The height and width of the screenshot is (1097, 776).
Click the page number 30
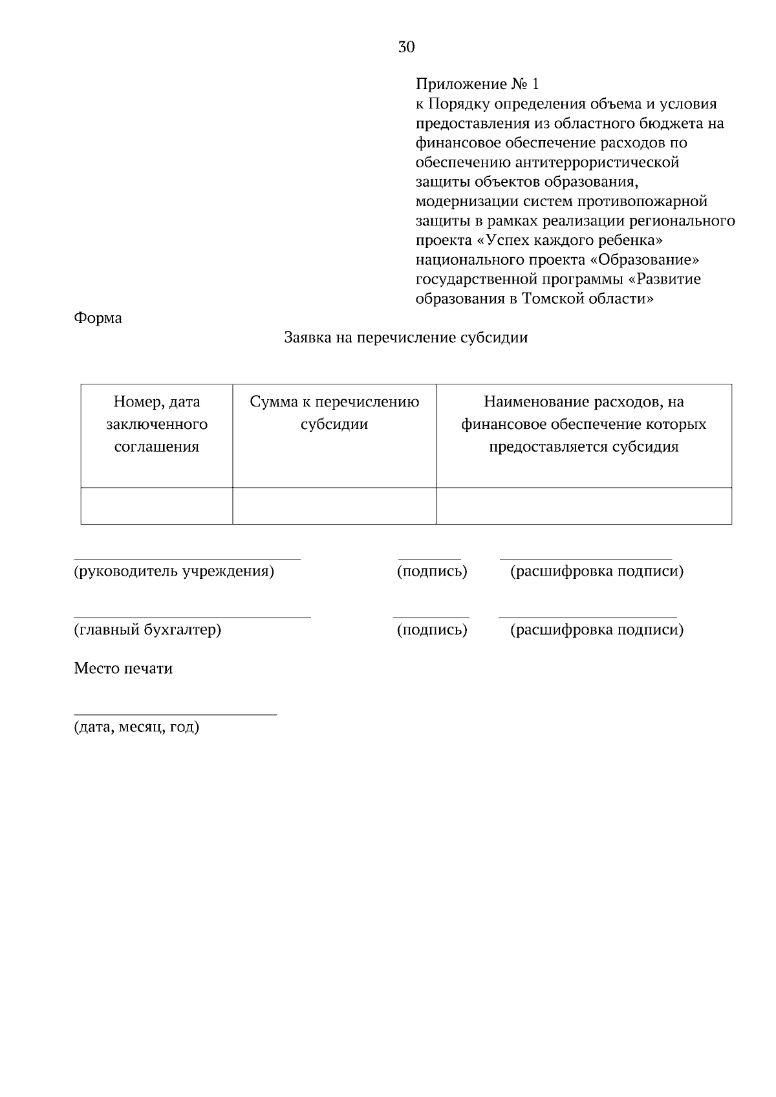[x=406, y=47]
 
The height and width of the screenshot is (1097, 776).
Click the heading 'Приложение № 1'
[x=477, y=85]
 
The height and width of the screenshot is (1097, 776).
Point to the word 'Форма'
[x=98, y=318]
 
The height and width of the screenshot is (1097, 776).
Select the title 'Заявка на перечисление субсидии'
[x=406, y=338]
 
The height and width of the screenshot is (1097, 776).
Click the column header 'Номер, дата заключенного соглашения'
[x=156, y=424]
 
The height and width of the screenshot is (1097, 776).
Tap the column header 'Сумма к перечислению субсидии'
[x=334, y=413]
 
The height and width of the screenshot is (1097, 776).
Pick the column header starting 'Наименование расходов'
[x=583, y=424]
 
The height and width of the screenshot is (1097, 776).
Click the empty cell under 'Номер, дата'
[x=156, y=505]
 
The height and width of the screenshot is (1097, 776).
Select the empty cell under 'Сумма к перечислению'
[x=334, y=505]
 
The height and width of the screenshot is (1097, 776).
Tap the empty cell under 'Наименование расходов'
[x=583, y=505]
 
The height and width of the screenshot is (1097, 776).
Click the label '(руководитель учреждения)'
[x=174, y=571]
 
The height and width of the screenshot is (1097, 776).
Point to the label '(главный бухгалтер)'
[x=147, y=630]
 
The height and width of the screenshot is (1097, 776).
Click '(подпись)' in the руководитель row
[x=431, y=571]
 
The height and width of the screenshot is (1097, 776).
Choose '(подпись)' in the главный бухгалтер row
[x=431, y=630]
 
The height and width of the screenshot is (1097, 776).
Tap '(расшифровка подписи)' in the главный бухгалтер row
[x=596, y=630]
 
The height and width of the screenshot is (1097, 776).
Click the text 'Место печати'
[x=123, y=669]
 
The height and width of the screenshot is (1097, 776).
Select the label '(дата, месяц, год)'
[x=136, y=727]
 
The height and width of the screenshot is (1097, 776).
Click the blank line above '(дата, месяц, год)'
[x=175, y=715]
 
